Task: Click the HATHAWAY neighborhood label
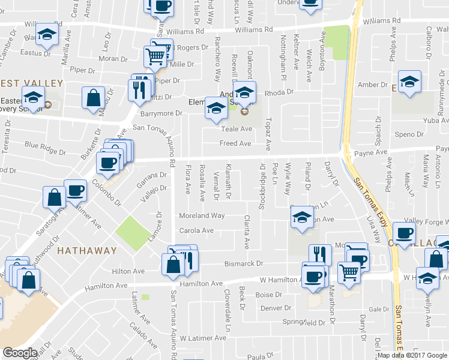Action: [x=87, y=250]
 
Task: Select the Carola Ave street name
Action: [x=196, y=230]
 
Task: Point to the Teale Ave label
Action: [x=237, y=129]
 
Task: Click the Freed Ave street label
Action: [x=235, y=144]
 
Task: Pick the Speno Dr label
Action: [x=411, y=134]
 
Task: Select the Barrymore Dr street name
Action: [x=161, y=113]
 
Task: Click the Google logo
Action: [x=20, y=352]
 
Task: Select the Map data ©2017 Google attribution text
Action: [x=412, y=355]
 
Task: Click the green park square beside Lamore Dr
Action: [x=133, y=233]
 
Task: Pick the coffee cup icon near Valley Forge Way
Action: [x=405, y=233]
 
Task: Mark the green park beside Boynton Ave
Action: [x=340, y=43]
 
